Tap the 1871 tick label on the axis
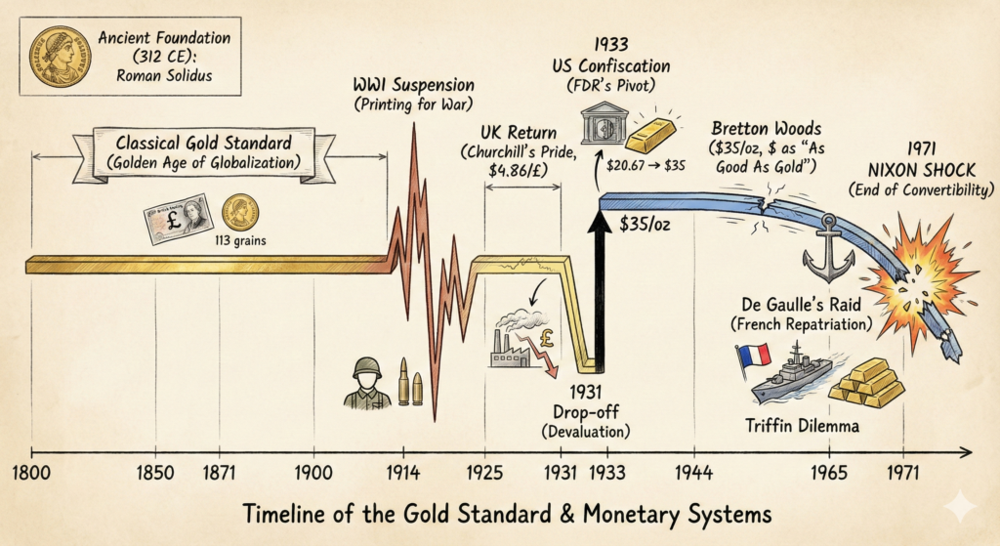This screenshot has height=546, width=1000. (220, 473)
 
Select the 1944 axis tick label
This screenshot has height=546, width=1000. (694, 473)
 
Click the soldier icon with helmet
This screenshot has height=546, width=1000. (367, 382)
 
